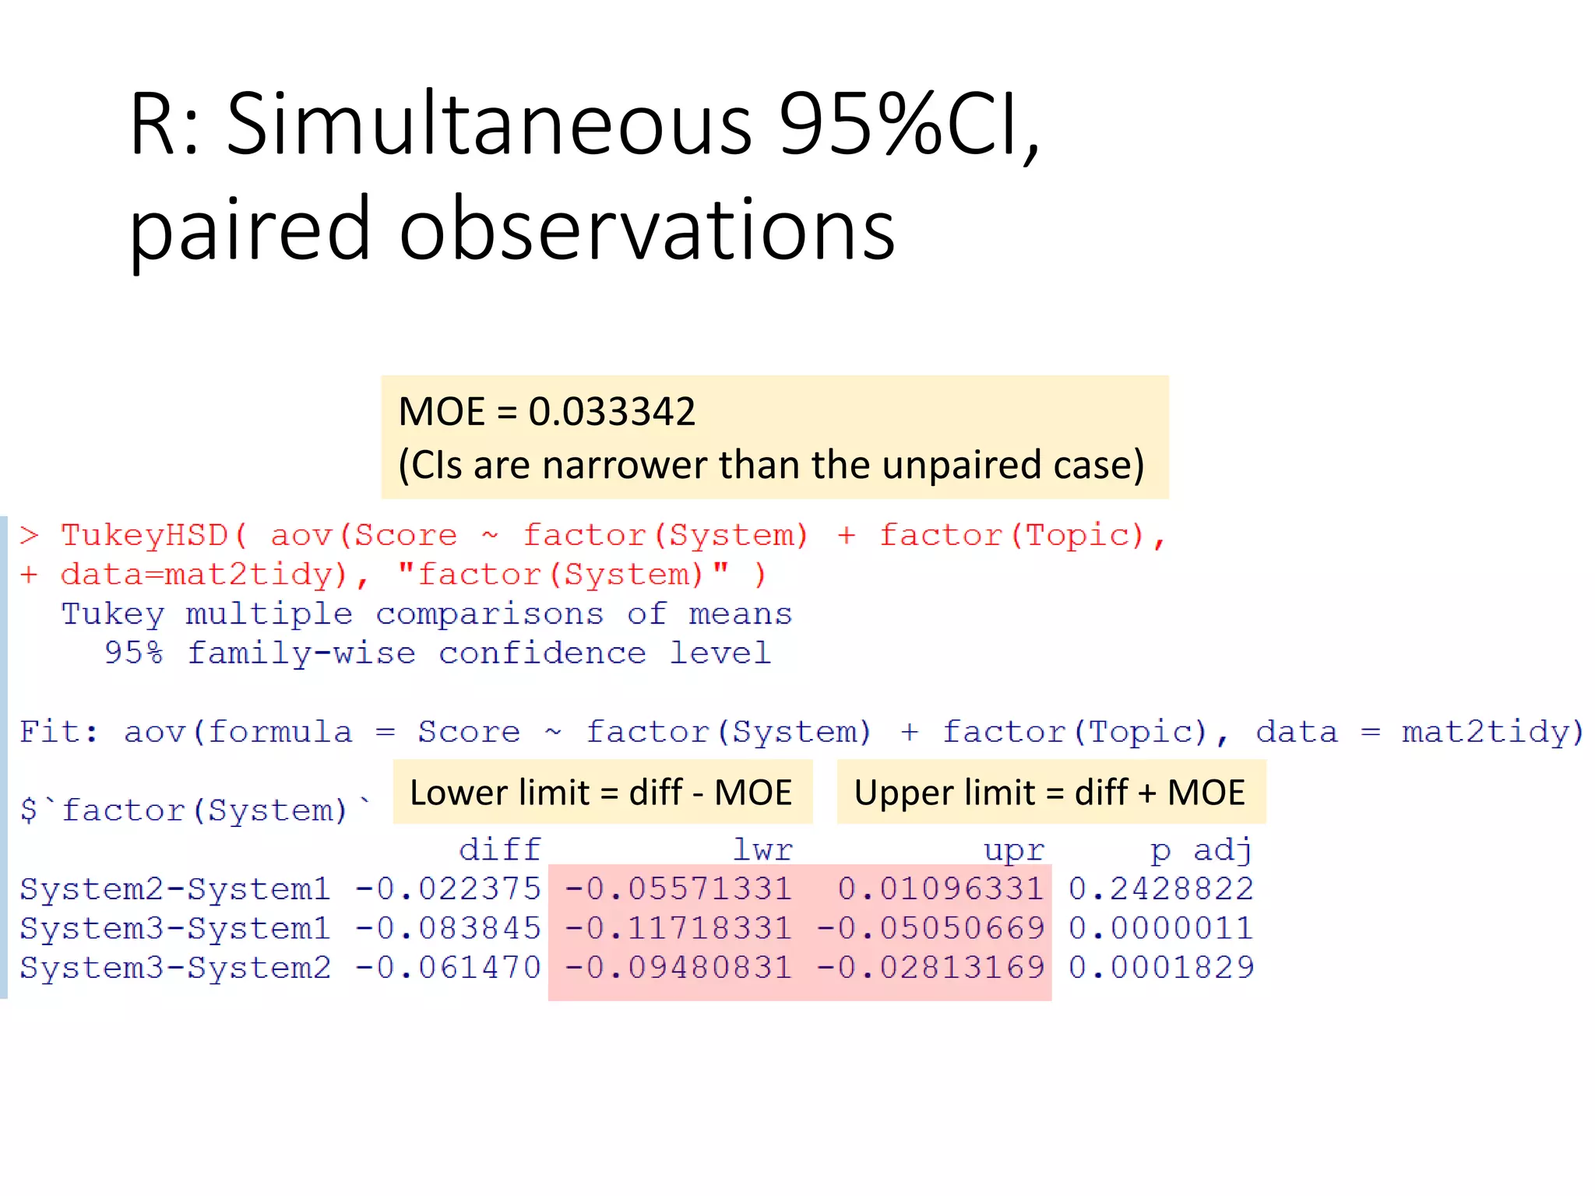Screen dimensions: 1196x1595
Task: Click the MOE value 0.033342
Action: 611,411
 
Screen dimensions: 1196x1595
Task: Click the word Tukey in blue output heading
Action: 113,614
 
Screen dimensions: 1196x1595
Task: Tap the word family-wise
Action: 301,653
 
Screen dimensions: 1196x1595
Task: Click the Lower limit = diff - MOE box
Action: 601,793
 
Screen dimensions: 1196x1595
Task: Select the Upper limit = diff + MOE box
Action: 1050,793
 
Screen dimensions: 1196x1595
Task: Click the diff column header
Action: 499,850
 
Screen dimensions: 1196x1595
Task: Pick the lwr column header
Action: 762,850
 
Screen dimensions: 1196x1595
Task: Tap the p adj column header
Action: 1201,850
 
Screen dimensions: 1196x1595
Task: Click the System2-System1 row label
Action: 175,889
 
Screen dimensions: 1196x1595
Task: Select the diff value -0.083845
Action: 448,928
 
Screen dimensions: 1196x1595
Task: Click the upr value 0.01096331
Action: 940,889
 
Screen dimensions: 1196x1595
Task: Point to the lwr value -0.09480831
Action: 678,968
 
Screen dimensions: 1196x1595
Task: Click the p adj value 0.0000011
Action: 1160,928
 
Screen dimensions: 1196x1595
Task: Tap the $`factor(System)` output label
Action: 195,811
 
